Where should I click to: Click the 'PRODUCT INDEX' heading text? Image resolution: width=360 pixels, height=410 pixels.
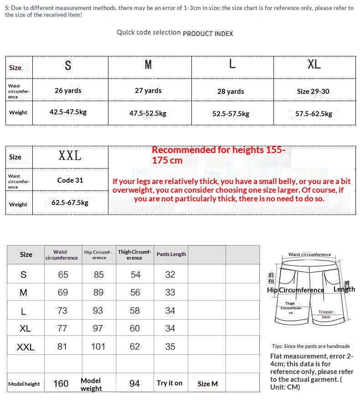[x=208, y=33]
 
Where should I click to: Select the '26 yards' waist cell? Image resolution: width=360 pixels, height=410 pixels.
[x=68, y=90]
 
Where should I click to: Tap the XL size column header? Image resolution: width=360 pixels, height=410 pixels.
[x=314, y=65]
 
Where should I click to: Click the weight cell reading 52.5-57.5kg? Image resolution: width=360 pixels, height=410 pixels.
[x=231, y=114]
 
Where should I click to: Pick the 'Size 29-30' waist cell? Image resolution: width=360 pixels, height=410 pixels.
[x=313, y=91]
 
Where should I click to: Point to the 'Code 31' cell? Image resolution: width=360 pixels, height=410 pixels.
[x=70, y=180]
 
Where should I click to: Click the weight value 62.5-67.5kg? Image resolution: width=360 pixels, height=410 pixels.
[x=70, y=202]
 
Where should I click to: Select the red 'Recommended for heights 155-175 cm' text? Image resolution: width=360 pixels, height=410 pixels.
[x=219, y=155]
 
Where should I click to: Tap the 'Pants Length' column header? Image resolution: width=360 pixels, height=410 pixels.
[x=171, y=254]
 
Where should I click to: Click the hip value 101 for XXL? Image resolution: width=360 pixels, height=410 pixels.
[x=98, y=347]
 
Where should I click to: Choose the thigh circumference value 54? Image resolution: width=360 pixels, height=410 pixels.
[x=135, y=275]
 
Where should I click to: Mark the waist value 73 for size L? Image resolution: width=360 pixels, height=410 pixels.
[x=62, y=311]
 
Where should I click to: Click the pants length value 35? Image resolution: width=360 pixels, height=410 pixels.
[x=170, y=347]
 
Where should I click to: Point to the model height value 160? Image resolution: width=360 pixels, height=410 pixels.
[x=61, y=384]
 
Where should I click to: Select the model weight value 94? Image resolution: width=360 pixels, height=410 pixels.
[x=134, y=384]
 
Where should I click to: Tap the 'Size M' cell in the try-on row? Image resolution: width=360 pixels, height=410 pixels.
[x=208, y=384]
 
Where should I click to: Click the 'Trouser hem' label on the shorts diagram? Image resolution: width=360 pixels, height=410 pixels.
[x=326, y=314]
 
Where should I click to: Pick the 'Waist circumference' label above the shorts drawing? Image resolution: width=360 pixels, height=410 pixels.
[x=309, y=255]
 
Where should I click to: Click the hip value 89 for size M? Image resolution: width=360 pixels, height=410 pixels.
[x=98, y=292]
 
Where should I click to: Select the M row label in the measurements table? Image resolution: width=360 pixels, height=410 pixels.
[x=24, y=292]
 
